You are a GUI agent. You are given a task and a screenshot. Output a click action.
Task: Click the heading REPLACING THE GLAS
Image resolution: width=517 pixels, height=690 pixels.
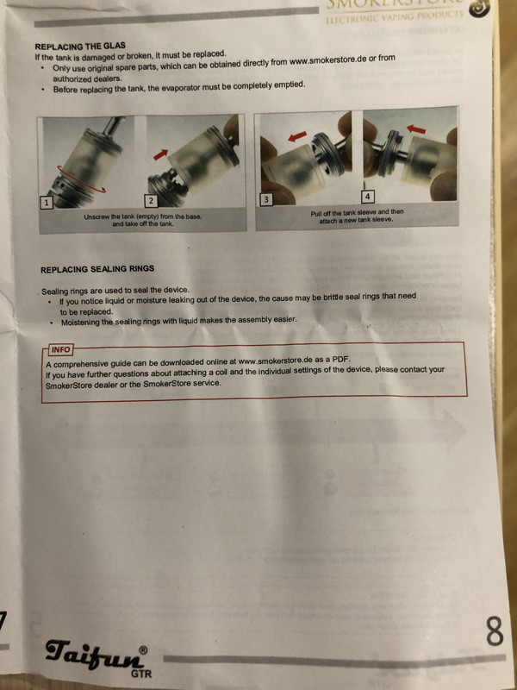[x=80, y=46]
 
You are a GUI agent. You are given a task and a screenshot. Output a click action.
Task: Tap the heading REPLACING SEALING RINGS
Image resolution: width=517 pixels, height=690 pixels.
[x=97, y=269]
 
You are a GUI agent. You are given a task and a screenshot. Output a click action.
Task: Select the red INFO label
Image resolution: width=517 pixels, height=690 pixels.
[x=60, y=350]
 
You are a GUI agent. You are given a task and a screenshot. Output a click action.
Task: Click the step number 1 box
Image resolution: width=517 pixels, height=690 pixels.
[x=47, y=203]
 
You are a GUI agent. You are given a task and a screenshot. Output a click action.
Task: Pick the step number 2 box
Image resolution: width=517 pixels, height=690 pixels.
[x=151, y=201]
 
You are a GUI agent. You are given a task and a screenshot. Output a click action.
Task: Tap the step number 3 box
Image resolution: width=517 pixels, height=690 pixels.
[x=265, y=200]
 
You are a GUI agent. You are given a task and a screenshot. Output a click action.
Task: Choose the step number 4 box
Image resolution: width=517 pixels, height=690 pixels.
[x=368, y=196]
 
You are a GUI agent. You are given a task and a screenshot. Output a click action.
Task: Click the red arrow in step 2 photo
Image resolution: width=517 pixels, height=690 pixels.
[x=160, y=154]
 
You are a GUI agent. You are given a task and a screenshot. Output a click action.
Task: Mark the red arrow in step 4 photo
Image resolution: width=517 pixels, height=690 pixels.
[x=416, y=129]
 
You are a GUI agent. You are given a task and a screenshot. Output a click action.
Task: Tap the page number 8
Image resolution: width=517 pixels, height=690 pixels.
[x=495, y=631]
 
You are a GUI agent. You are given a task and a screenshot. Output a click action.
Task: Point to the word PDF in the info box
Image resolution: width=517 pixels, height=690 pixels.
[x=340, y=359]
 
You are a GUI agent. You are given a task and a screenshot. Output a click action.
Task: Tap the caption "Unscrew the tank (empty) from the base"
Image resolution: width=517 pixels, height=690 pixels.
[x=143, y=217]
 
